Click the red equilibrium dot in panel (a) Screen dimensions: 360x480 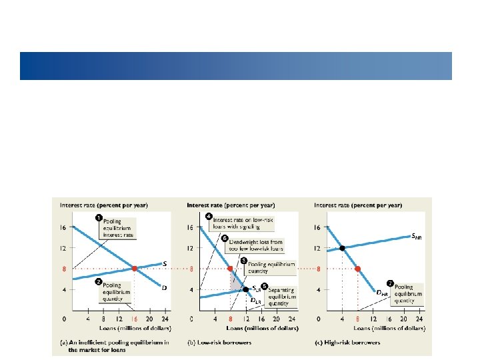coord(134,269)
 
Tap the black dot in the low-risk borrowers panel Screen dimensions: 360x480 coord(245,289)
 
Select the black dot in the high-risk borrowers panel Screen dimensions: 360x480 coord(343,248)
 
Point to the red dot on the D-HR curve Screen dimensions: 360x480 coord(358,269)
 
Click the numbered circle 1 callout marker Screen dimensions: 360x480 coord(97,217)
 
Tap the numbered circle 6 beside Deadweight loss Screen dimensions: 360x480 coord(225,237)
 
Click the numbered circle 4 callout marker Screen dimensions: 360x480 coord(209,215)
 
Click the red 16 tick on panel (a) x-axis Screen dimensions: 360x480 coord(134,318)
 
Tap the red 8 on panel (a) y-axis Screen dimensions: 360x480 coord(65,269)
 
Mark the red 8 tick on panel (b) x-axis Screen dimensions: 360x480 coord(231,318)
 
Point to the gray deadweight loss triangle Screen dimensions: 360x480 coord(237,281)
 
